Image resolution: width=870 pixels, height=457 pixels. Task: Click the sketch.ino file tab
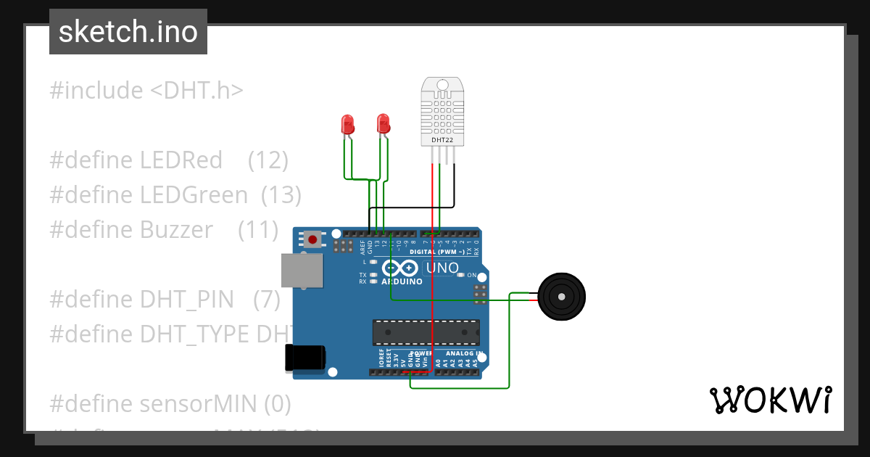pyautogui.click(x=128, y=32)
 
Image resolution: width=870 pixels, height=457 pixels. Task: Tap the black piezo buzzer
pyautogui.click(x=560, y=296)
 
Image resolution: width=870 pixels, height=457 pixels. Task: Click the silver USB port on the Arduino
pyautogui.click(x=302, y=270)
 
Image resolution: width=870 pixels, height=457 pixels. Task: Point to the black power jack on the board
pyautogui.click(x=305, y=358)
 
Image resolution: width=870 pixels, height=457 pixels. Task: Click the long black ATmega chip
pyautogui.click(x=426, y=332)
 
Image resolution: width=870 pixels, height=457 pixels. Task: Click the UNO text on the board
pyautogui.click(x=442, y=268)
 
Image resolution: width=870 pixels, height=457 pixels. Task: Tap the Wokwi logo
pyautogui.click(x=770, y=400)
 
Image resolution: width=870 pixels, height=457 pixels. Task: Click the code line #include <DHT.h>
pyautogui.click(x=146, y=91)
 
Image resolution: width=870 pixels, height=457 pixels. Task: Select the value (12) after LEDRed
pyautogui.click(x=268, y=160)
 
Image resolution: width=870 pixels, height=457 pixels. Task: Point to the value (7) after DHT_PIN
pyautogui.click(x=267, y=300)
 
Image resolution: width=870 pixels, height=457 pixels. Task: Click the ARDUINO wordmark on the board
pyautogui.click(x=402, y=281)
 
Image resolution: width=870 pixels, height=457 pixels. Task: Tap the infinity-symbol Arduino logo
pyautogui.click(x=401, y=268)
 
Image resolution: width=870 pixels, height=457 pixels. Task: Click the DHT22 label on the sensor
pyautogui.click(x=442, y=139)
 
